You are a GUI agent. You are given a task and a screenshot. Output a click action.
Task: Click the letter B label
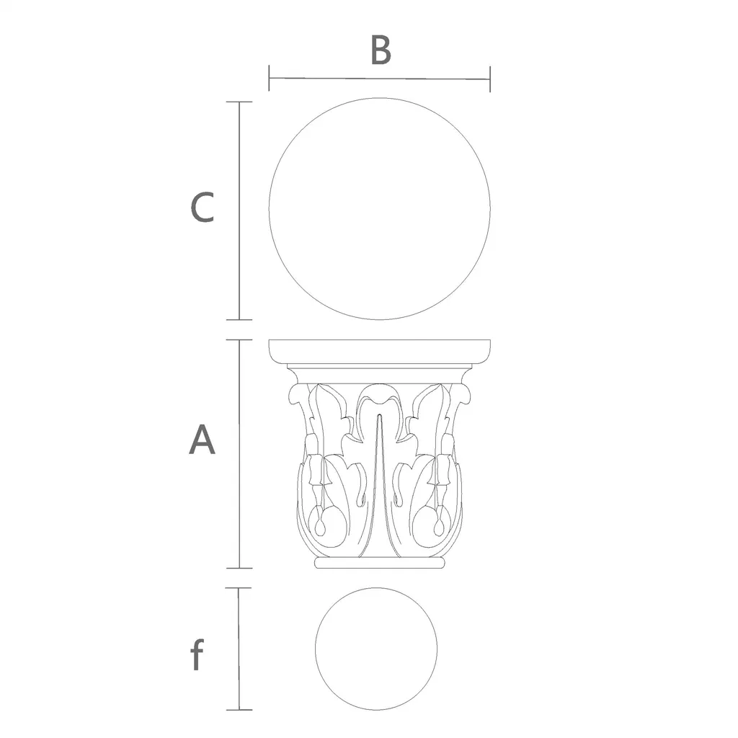click(x=381, y=50)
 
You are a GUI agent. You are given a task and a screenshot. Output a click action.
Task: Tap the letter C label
click(x=202, y=207)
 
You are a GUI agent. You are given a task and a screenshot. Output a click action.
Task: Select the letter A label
click(x=202, y=439)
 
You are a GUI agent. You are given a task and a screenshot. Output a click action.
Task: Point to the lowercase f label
click(x=197, y=654)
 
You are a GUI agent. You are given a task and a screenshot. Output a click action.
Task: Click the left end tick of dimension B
click(x=269, y=78)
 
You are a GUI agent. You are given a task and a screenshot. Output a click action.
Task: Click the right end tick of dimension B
click(x=490, y=79)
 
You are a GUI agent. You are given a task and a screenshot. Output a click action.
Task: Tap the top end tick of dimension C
click(x=239, y=102)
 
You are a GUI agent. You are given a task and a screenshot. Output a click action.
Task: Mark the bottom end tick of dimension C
click(x=239, y=319)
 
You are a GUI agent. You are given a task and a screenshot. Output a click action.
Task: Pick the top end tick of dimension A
click(x=239, y=340)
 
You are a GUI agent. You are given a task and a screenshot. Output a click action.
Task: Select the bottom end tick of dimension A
click(x=239, y=568)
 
